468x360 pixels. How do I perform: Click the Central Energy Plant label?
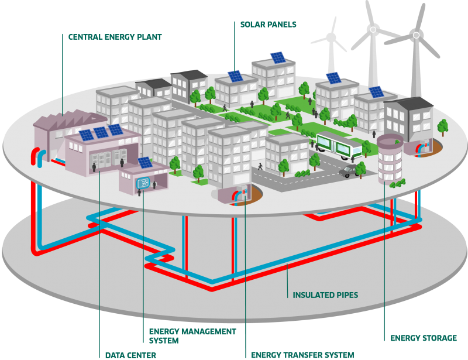pos(115,37)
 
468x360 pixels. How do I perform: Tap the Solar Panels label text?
pos(269,25)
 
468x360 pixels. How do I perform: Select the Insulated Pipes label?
pos(326,294)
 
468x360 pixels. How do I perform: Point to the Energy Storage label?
pos(424,338)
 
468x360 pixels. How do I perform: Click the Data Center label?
pos(130,355)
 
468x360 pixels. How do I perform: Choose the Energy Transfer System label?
pos(302,355)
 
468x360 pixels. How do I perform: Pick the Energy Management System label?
pos(184,335)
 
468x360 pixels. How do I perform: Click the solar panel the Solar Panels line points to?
pos(235,76)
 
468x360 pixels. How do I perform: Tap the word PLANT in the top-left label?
pos(149,37)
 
